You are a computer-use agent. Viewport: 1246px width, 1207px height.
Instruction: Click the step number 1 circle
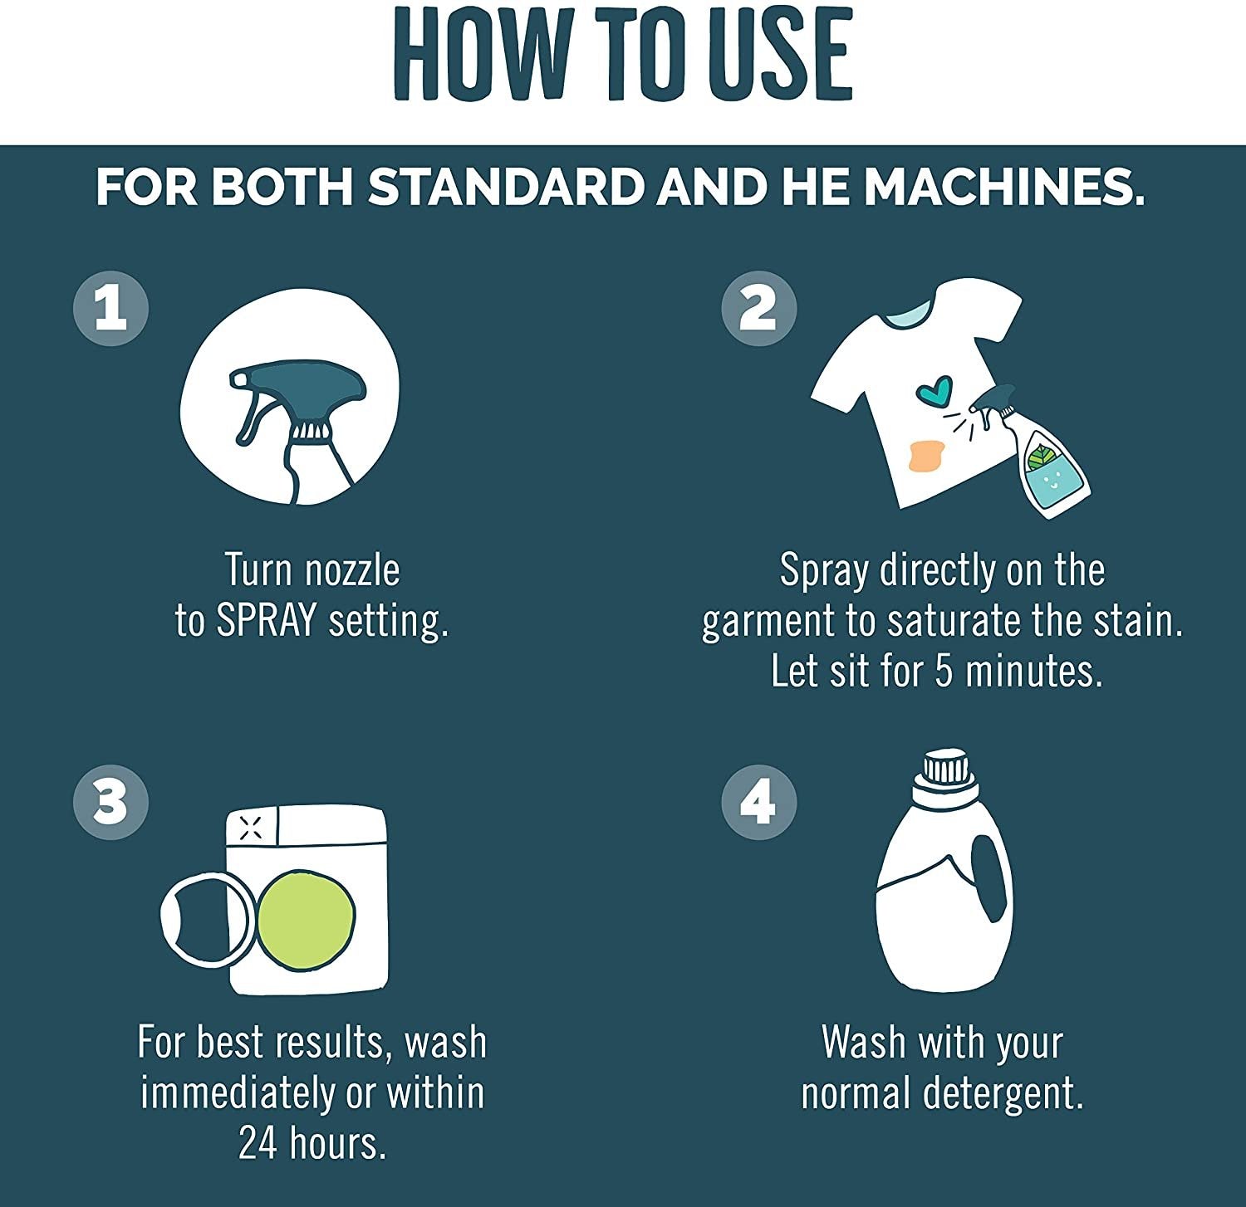pos(111,308)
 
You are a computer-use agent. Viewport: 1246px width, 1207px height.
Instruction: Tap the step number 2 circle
pos(758,308)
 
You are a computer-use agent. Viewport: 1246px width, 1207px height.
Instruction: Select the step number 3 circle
pos(111,803)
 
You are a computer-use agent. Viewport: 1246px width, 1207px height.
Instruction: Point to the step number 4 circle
pos(758,803)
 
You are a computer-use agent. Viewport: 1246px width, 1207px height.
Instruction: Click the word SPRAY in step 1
pos(267,621)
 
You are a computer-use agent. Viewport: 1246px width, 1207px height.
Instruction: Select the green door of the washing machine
pos(307,915)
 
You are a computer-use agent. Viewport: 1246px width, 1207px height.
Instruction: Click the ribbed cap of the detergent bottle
pos(944,769)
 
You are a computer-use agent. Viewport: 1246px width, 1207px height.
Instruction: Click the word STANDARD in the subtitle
pos(507,188)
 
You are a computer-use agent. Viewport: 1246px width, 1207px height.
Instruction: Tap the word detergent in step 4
pos(1003,1094)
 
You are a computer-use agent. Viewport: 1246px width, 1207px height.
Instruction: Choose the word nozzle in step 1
pos(352,570)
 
